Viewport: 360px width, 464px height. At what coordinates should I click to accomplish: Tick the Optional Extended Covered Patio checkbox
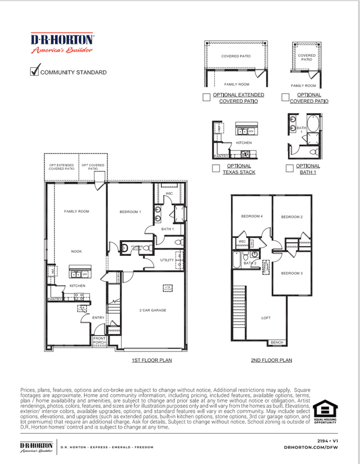206,97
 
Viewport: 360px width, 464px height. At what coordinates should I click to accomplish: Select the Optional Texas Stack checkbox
215,168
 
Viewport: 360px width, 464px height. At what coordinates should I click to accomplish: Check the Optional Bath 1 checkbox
289,168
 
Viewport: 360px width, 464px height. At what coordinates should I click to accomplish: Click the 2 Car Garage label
152,310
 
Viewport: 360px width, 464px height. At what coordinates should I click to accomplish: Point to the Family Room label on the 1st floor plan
76,211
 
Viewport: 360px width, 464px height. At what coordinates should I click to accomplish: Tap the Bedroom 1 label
130,211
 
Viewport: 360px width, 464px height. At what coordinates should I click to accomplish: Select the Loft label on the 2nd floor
266,318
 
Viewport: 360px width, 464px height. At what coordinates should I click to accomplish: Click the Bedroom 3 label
292,273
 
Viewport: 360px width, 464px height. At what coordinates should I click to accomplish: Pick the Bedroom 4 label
251,217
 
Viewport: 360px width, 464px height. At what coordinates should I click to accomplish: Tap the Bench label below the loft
277,342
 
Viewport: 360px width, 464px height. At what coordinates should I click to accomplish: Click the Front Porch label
99,340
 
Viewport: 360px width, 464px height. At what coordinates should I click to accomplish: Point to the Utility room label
167,260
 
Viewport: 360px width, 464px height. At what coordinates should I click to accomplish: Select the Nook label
76,251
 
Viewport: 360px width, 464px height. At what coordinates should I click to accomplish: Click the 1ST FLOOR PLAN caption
152,360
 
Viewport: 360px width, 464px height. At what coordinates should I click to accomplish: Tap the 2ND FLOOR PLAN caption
272,360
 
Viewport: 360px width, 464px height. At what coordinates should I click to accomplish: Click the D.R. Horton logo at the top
62,43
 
